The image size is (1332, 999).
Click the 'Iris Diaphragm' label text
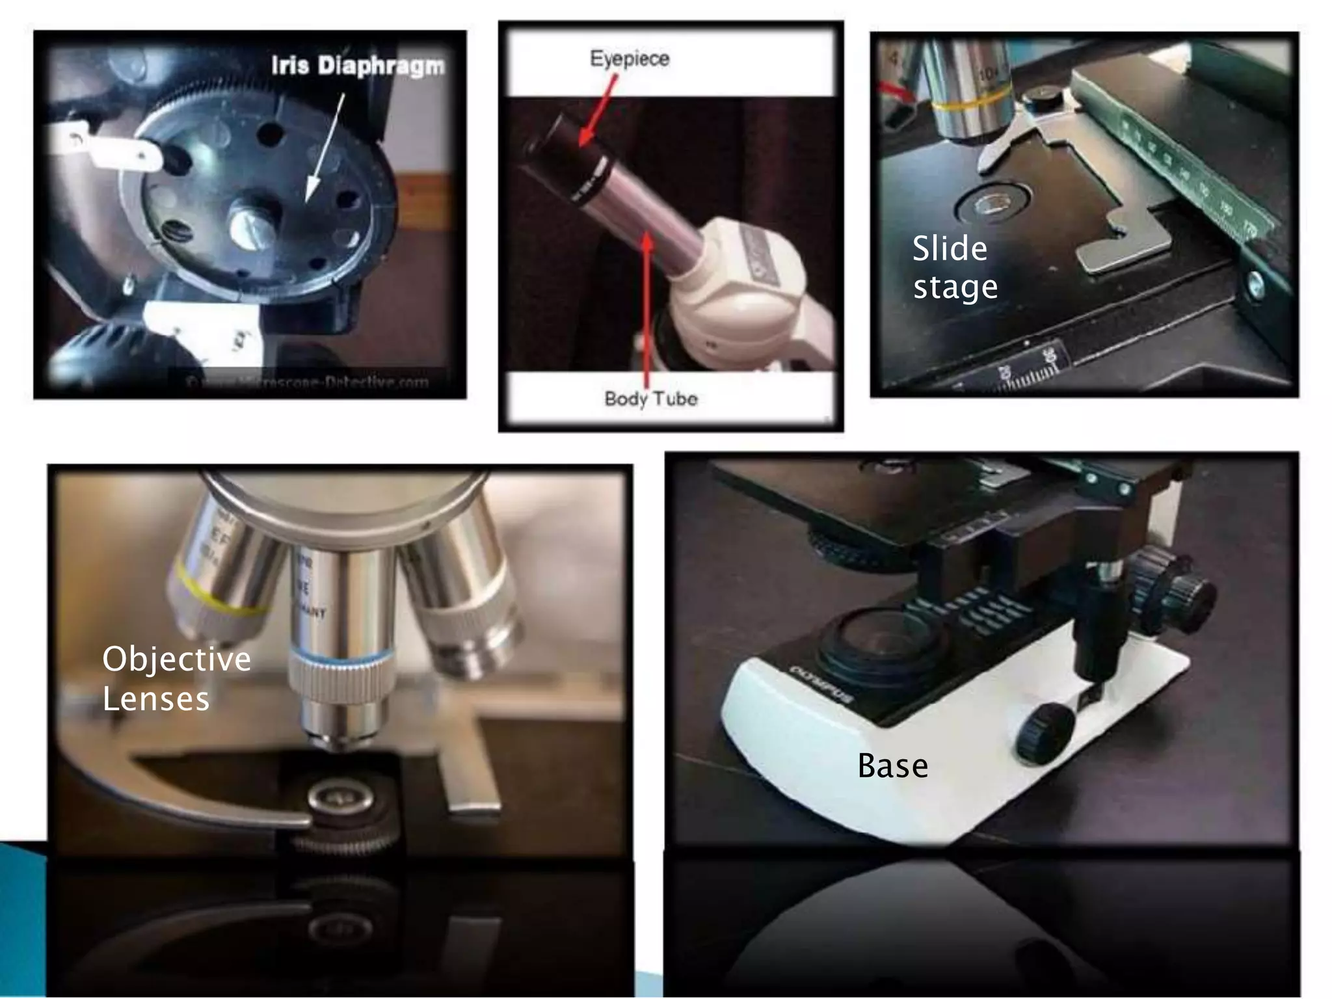coord(357,66)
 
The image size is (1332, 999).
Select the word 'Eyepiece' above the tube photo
coord(629,59)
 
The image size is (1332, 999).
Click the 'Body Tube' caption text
coord(650,398)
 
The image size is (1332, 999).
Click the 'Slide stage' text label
coord(953,267)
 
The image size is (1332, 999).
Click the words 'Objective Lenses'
coord(176,678)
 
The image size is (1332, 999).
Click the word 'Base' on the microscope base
coord(892,766)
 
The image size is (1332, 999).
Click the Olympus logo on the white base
coord(821,683)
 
